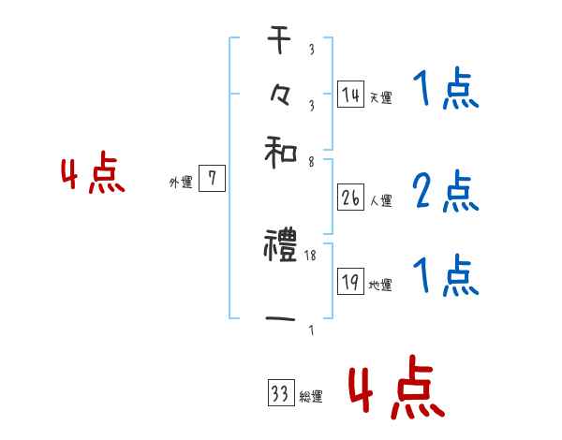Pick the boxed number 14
point(350,94)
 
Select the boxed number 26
point(350,197)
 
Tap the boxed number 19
point(350,282)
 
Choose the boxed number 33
point(279,395)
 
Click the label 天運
point(381,97)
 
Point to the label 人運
point(381,200)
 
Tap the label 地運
point(381,286)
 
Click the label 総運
point(311,398)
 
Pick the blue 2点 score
point(445,192)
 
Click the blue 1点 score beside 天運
point(445,91)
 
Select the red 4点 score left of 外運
point(93,176)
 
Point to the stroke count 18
point(310,255)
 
